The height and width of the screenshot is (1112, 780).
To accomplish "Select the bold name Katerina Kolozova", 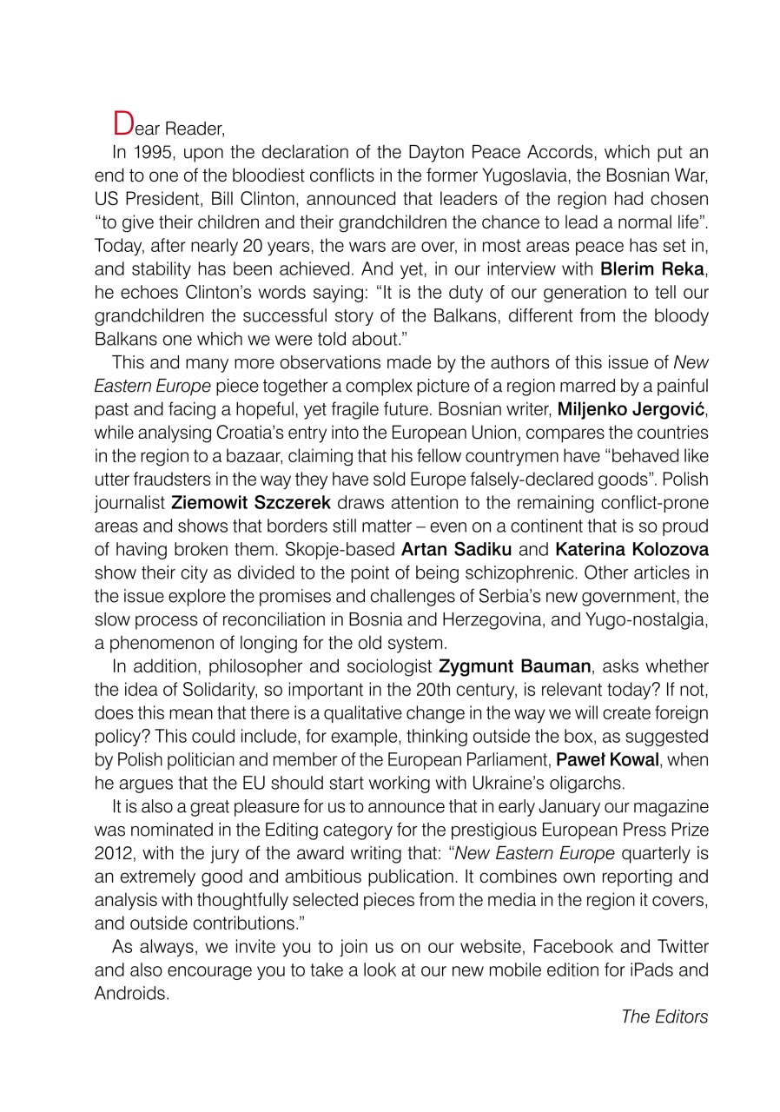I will (x=632, y=549).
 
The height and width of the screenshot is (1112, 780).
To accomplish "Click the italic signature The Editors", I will (x=664, y=1016).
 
